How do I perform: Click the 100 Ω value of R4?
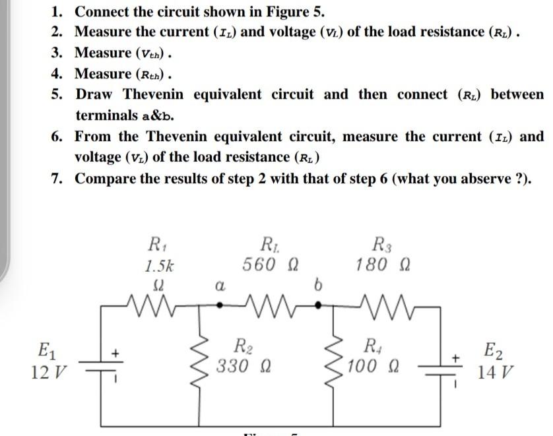(373, 364)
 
